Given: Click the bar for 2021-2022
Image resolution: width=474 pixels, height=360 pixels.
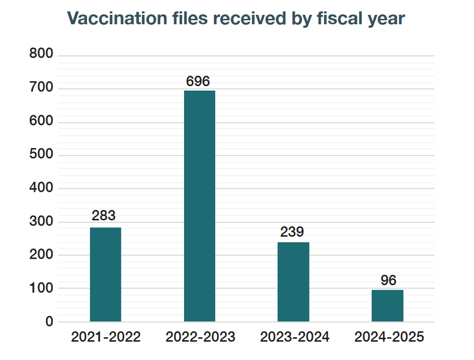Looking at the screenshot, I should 105,274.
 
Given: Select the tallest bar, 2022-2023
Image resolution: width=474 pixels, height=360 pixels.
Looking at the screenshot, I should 199,206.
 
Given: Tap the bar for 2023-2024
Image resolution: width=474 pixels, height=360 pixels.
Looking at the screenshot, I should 293,282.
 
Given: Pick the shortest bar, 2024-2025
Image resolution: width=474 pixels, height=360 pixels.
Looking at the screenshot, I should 387,306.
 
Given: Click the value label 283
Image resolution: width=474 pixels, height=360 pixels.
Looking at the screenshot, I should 104,216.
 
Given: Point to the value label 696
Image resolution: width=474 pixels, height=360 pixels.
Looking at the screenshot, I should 198,81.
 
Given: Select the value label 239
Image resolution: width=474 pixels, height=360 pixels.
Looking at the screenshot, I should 292,232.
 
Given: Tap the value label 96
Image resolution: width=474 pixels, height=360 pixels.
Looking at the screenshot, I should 388,280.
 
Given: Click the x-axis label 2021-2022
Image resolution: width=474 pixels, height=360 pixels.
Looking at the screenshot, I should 106,337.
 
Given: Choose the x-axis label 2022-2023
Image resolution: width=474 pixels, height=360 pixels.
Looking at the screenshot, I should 200,337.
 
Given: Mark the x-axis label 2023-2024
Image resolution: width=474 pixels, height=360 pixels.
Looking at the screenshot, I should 294,337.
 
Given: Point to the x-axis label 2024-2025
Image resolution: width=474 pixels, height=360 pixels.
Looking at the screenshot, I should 389,337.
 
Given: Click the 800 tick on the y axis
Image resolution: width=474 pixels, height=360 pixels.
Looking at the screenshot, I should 41,54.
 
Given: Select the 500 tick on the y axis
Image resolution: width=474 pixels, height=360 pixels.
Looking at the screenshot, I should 41,154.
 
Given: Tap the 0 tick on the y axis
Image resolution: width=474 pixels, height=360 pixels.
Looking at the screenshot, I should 49,322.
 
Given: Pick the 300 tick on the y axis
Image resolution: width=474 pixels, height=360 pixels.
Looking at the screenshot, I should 41,221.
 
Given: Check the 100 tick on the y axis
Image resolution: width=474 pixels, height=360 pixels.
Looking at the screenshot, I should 41,288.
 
